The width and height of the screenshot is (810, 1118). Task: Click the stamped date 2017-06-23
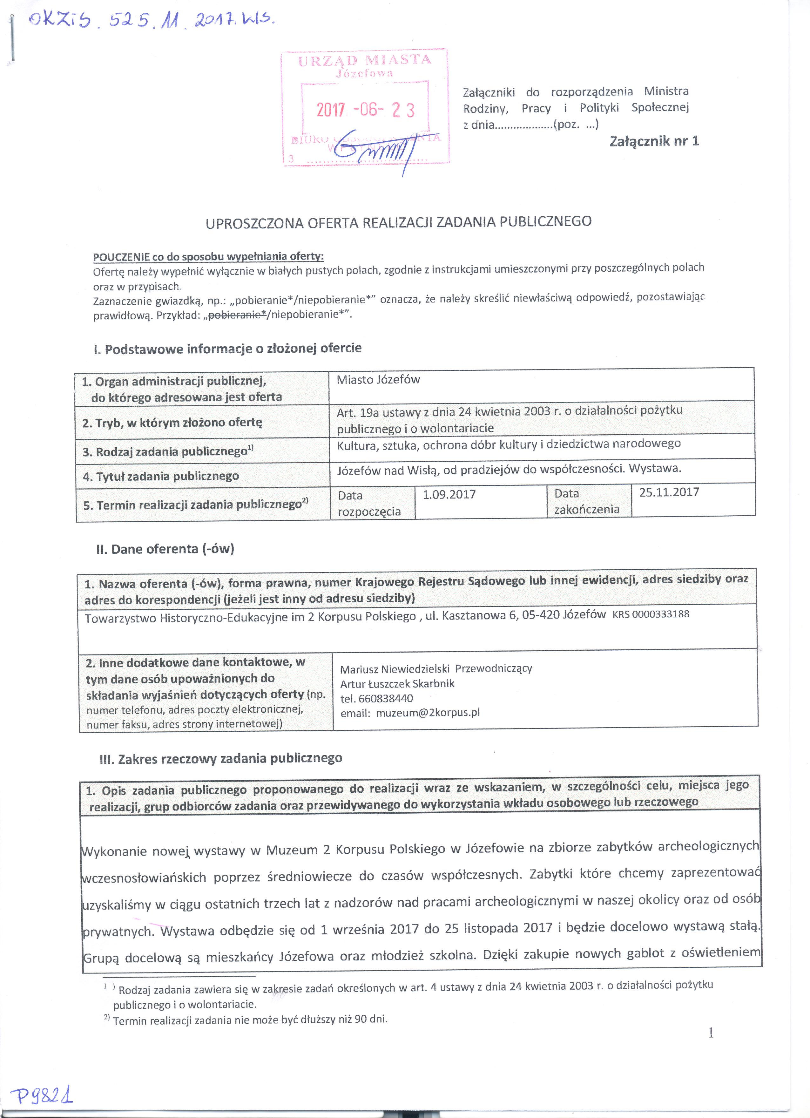[365, 109]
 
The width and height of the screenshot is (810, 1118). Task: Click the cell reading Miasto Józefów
[378, 380]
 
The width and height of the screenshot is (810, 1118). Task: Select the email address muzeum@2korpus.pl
[428, 712]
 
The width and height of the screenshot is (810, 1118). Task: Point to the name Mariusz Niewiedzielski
[395, 669]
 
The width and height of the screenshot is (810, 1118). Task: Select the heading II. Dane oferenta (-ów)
[165, 549]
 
